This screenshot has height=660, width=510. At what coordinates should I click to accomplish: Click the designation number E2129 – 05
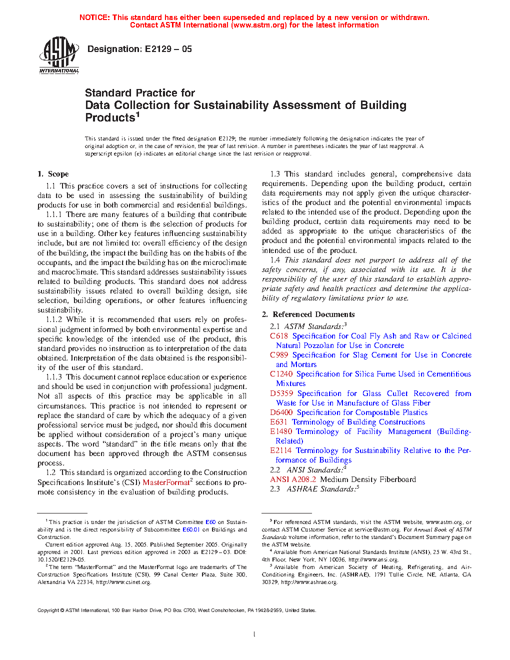[x=168, y=49]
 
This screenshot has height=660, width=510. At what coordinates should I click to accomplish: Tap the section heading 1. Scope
[x=53, y=174]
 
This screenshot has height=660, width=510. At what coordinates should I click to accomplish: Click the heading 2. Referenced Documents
[x=308, y=314]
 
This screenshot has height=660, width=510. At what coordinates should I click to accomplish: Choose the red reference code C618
[x=279, y=336]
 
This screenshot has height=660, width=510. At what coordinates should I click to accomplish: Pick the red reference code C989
[x=279, y=355]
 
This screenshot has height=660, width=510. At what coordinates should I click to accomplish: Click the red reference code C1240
[x=281, y=374]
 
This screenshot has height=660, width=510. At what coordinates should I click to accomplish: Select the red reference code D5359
[x=281, y=393]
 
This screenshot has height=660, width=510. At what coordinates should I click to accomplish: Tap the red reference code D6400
[x=281, y=412]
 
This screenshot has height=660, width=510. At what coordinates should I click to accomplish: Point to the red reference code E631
[x=278, y=422]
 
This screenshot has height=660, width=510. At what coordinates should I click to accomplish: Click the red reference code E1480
[x=281, y=431]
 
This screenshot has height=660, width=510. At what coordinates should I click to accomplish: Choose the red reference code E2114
[x=281, y=450]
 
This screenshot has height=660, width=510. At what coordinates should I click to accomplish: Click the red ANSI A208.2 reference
[x=293, y=479]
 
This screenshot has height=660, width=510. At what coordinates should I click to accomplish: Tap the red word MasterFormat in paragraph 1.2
[x=166, y=482]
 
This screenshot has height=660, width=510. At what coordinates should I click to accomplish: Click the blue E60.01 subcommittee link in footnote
[x=191, y=529]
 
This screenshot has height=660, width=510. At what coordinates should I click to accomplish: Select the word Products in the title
[x=110, y=118]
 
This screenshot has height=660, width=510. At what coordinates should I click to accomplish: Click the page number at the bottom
[x=254, y=634]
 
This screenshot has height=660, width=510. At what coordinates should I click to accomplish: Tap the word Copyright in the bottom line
[x=48, y=610]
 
